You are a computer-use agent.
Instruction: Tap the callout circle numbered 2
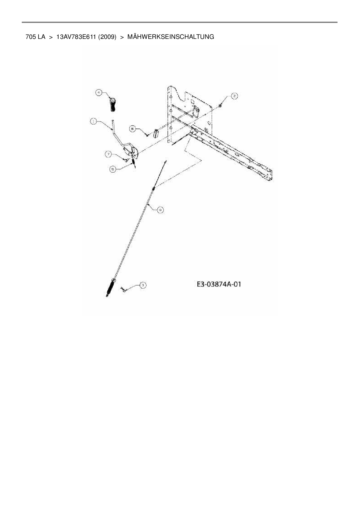pyautogui.click(x=234, y=96)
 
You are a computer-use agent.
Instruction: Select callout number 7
pyautogui.click(x=108, y=154)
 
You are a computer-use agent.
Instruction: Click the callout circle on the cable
pyautogui.click(x=160, y=210)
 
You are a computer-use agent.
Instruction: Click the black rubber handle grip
pyautogui.click(x=112, y=105)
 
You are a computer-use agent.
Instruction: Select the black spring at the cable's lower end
pyautogui.click(x=111, y=288)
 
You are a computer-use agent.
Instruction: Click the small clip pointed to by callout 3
pyautogui.click(x=123, y=289)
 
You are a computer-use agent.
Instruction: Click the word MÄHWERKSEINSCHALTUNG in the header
pyautogui.click(x=171, y=37)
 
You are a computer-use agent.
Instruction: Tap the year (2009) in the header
pyautogui.click(x=107, y=37)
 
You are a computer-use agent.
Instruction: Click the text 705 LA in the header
pyautogui.click(x=35, y=37)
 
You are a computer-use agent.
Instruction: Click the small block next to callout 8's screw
pyautogui.click(x=156, y=134)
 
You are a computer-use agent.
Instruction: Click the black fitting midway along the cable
pyautogui.click(x=153, y=189)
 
